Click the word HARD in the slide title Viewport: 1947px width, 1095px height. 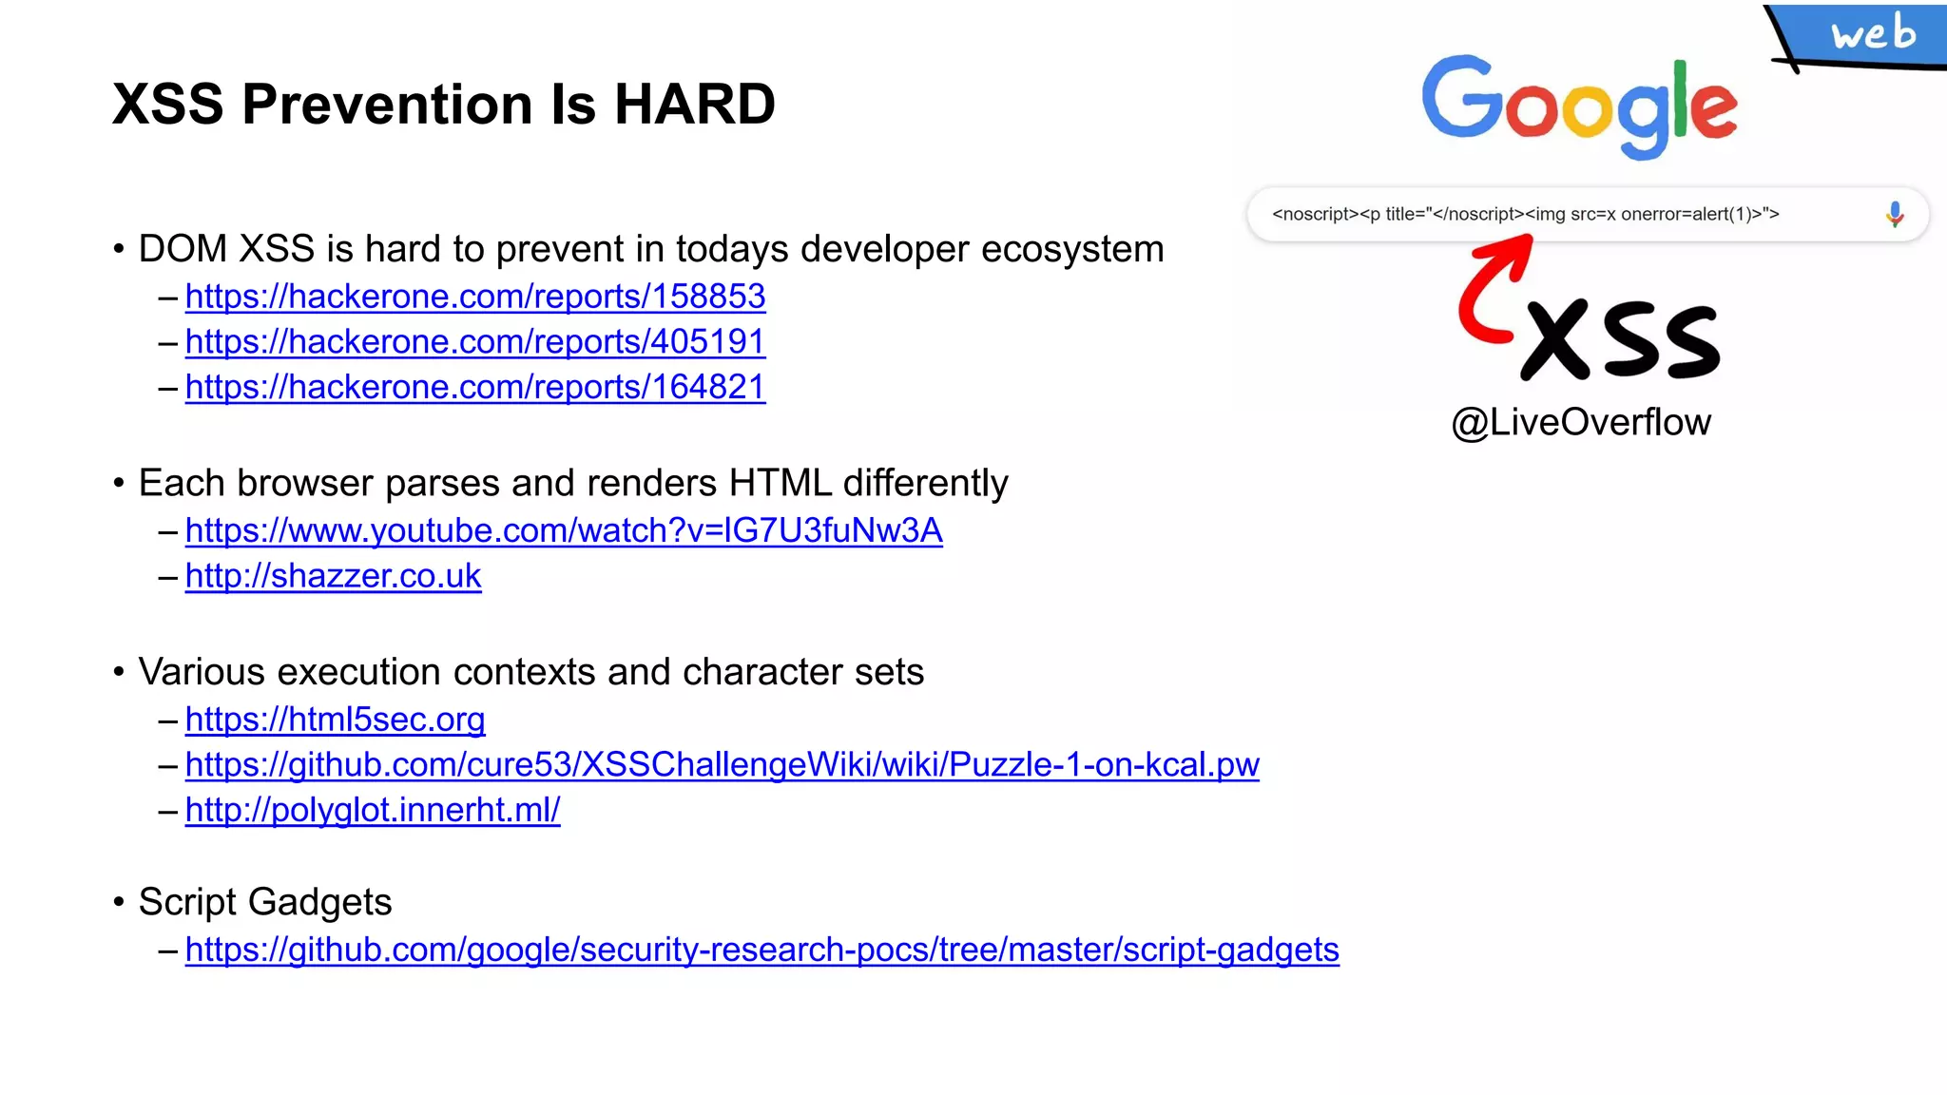[x=694, y=104]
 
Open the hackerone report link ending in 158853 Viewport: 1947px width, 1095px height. [x=475, y=297]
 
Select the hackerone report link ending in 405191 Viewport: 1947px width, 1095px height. [x=475, y=341]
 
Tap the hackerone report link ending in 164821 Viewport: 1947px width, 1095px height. [x=475, y=387]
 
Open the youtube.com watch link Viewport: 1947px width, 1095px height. [x=564, y=530]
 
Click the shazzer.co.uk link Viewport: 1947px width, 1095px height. [x=334, y=576]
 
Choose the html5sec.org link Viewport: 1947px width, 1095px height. [x=336, y=720]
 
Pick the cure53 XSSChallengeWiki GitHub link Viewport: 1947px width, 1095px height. [x=723, y=764]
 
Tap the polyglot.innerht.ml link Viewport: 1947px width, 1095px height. [x=373, y=810]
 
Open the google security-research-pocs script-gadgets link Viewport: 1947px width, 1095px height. [x=762, y=950]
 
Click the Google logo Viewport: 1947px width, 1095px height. [x=1579, y=106]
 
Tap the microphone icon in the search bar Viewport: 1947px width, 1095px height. [x=1894, y=215]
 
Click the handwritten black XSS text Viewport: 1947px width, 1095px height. [x=1621, y=339]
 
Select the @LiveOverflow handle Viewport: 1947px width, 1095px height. [x=1581, y=422]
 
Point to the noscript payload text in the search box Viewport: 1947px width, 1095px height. [x=1525, y=215]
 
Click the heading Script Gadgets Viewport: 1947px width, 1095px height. [x=265, y=902]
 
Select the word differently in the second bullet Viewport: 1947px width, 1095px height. [x=925, y=483]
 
